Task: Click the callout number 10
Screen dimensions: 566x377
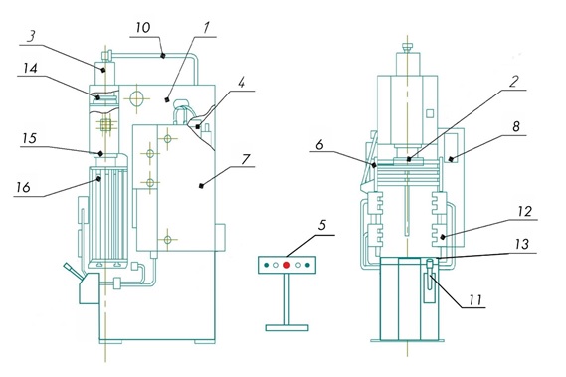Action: tap(143, 28)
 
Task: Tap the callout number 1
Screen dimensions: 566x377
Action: tap(206, 28)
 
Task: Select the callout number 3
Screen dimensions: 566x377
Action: tap(32, 37)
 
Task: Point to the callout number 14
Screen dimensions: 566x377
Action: tap(30, 68)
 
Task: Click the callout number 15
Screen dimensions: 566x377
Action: tap(30, 138)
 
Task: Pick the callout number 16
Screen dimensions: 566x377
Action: tap(23, 187)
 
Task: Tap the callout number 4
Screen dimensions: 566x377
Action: tap(242, 85)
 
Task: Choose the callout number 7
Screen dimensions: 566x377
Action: tap(246, 159)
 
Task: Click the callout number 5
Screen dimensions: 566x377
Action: tap(322, 225)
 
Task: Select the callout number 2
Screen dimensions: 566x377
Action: tap(513, 82)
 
